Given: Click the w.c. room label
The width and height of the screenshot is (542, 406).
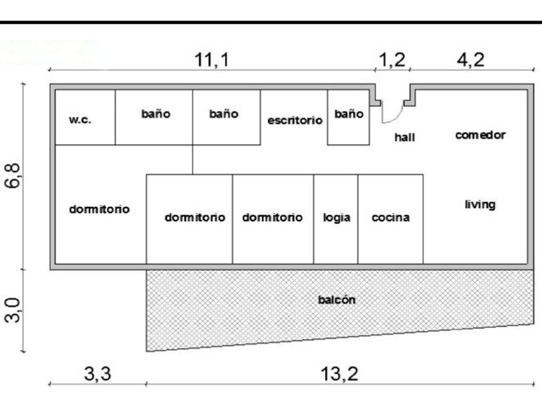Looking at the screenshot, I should (x=80, y=120).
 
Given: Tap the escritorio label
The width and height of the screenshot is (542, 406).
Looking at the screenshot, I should (x=295, y=120).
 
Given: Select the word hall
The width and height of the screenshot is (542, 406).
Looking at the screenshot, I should (x=405, y=137).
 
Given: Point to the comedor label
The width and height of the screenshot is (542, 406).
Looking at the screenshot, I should (x=480, y=135).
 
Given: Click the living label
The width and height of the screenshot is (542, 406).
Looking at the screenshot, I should (x=480, y=204).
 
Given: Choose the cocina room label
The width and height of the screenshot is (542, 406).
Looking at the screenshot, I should (x=390, y=217).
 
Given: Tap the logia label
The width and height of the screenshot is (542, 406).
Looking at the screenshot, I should (x=337, y=217).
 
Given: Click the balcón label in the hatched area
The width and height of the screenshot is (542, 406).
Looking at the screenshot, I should (x=337, y=300).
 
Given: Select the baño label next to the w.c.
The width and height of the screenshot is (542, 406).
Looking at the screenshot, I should (x=156, y=114).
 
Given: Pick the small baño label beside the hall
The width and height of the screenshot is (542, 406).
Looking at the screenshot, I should (x=348, y=114).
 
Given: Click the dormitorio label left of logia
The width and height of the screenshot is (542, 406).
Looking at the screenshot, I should (x=272, y=217).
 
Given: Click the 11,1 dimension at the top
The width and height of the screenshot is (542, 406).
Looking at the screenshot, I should (x=212, y=60).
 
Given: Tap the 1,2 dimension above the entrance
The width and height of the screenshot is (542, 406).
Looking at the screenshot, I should (x=392, y=60).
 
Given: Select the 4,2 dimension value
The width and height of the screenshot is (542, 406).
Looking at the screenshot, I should (x=470, y=60).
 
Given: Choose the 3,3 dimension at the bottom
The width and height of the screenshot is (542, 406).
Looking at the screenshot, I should (x=98, y=373).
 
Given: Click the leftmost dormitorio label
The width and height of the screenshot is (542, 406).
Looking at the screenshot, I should (x=99, y=209).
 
